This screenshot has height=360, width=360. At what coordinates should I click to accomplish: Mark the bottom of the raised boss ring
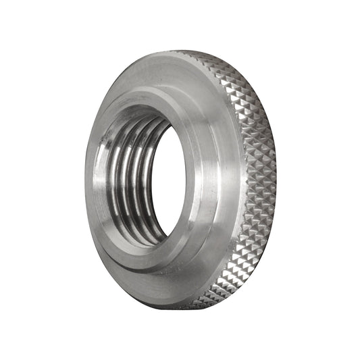pyautogui.click(x=152, y=260)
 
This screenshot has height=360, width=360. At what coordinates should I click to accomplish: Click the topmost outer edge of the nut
pyautogui.click(x=182, y=51)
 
